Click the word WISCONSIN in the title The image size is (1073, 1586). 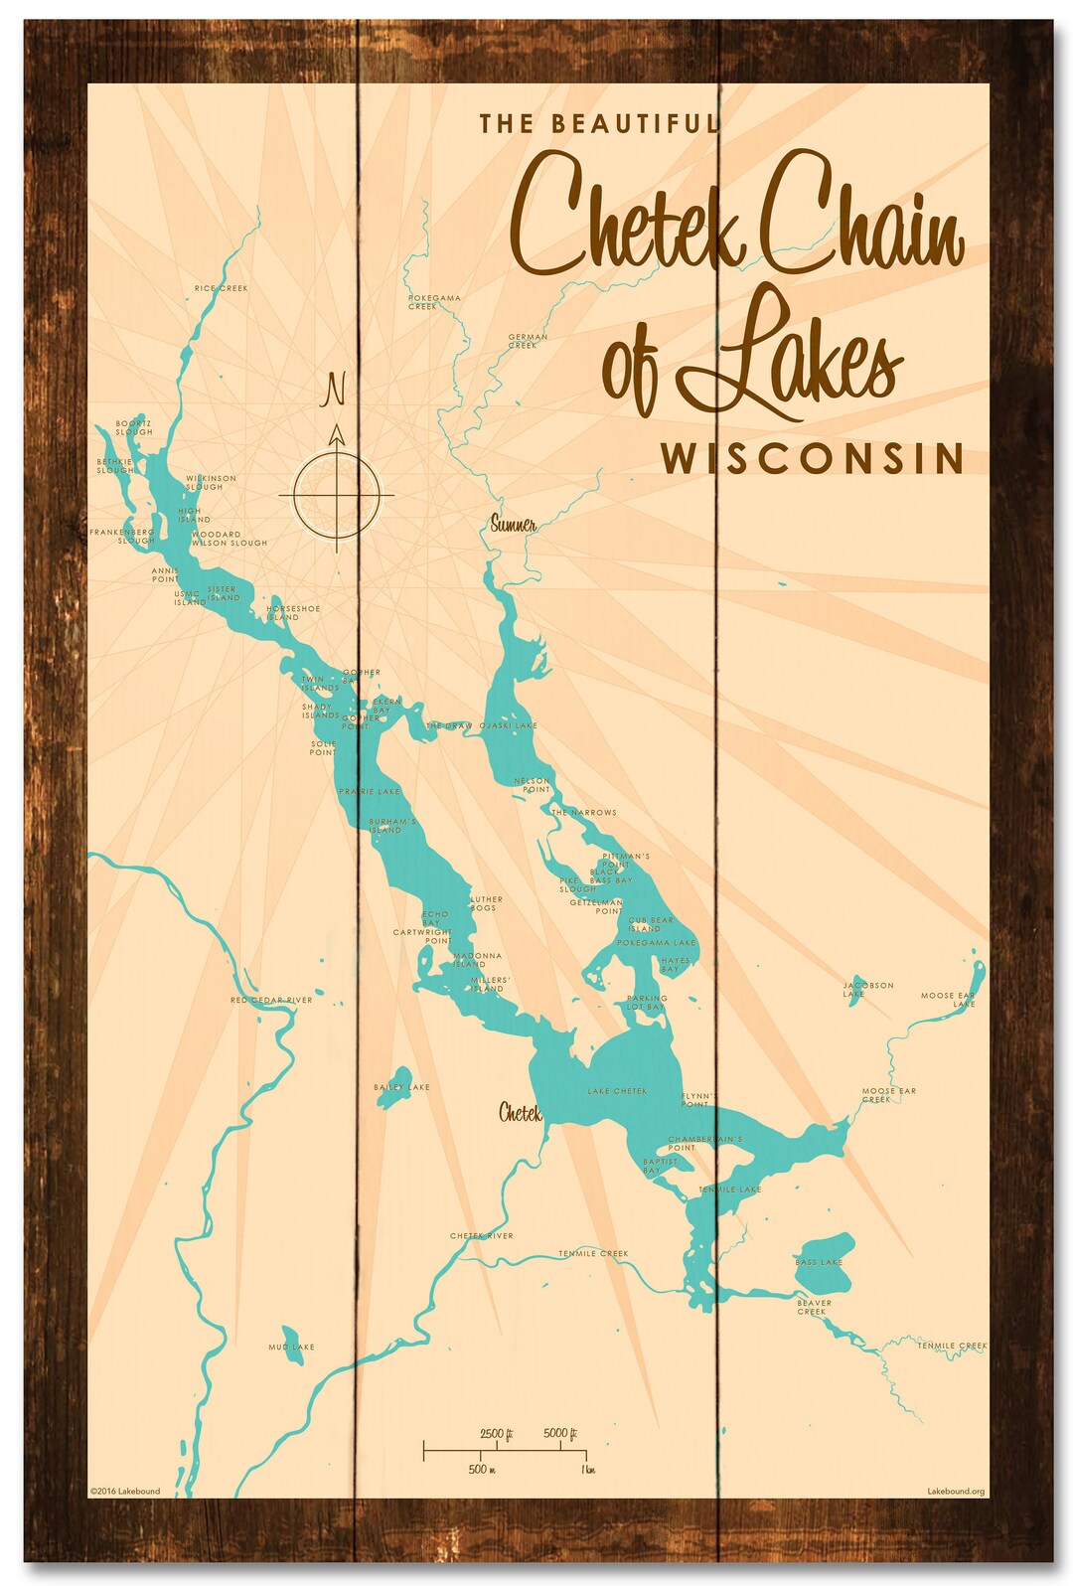[812, 459]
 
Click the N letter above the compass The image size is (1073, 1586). [335, 390]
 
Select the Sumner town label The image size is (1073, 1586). [514, 525]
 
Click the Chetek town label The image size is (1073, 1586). [520, 1113]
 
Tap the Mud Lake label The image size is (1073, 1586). [291, 1348]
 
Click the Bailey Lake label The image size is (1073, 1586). [401, 1087]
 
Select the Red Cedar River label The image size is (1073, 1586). [271, 1000]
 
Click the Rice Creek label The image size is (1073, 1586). [222, 288]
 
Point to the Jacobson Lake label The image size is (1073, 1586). [867, 989]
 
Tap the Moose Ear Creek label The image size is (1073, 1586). [888, 1095]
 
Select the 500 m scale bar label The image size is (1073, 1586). [482, 1469]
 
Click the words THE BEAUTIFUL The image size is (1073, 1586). [598, 124]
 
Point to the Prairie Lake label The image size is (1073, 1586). [370, 792]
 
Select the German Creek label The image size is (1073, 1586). [528, 341]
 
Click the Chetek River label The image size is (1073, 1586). [482, 1236]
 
